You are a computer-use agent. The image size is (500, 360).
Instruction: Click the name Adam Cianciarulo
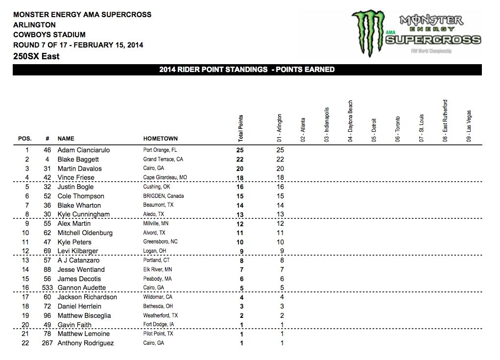click(83, 150)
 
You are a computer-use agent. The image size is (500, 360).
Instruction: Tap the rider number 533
click(47, 288)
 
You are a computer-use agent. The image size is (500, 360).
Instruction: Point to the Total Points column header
click(240, 128)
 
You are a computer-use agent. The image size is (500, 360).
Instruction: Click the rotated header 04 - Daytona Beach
click(350, 121)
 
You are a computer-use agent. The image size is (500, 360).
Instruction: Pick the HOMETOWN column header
click(160, 139)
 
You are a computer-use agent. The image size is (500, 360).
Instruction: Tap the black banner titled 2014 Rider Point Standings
click(247, 70)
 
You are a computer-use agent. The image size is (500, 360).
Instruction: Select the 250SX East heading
click(37, 56)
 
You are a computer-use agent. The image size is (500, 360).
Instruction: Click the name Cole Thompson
click(81, 196)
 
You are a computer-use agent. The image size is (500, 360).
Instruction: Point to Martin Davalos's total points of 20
click(240, 168)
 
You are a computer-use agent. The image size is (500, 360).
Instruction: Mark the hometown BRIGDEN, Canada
click(165, 196)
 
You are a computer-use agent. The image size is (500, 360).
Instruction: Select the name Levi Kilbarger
click(78, 251)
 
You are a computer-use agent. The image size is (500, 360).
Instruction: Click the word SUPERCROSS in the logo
click(432, 40)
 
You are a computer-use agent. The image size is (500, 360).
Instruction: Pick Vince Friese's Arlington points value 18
click(280, 178)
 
